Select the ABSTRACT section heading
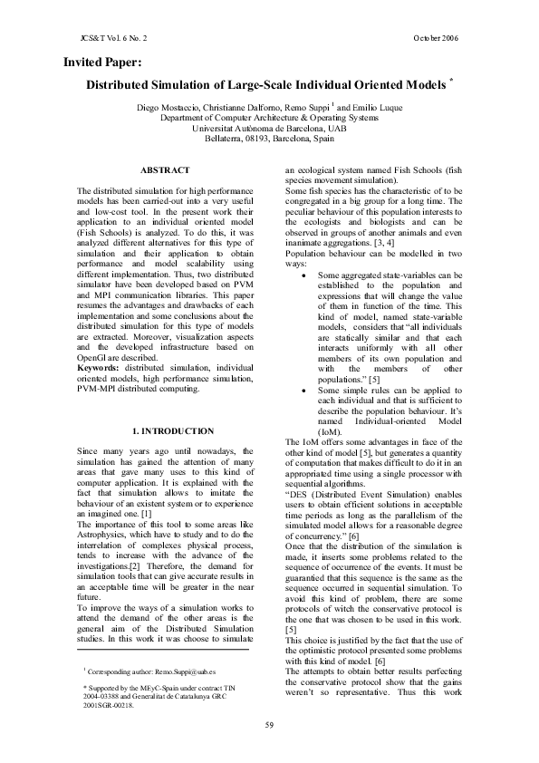coord(165,170)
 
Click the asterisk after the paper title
coord(451,82)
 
